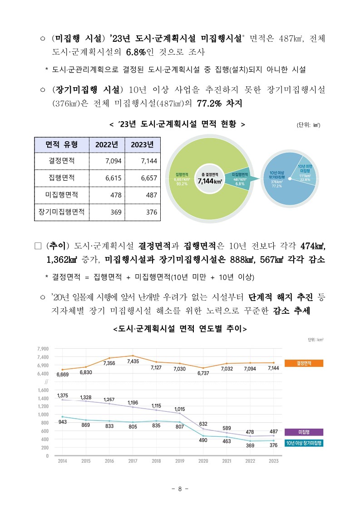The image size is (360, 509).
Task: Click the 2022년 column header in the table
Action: click(x=107, y=144)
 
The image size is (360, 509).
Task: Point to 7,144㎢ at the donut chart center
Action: click(x=210, y=181)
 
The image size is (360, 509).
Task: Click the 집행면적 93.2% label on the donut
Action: click(x=182, y=179)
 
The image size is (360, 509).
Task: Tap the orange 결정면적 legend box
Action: click(x=304, y=363)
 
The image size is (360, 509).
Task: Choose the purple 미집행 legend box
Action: click(x=304, y=432)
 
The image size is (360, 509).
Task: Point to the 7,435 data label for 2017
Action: click(x=133, y=361)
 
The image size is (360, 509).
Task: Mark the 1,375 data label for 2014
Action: click(x=63, y=395)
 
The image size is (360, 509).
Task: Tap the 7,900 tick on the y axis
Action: click(x=42, y=349)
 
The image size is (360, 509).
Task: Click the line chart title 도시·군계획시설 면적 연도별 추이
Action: click(x=180, y=329)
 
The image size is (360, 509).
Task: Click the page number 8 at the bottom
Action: click(x=180, y=489)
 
